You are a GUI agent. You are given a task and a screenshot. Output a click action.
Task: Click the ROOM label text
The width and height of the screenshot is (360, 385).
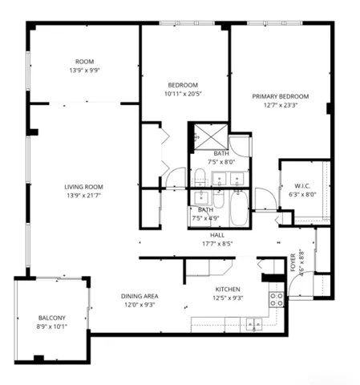84,62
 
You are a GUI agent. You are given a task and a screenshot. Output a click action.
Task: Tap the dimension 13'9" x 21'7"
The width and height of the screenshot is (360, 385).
83,196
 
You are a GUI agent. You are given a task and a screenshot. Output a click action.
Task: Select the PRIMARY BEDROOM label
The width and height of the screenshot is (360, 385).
281,96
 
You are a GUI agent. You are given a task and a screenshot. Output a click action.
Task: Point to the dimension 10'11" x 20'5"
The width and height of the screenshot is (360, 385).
183,94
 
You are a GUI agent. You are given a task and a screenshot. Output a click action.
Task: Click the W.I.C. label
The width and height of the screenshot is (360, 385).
302,186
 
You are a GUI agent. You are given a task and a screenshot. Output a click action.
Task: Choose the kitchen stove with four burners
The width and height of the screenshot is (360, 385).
277,299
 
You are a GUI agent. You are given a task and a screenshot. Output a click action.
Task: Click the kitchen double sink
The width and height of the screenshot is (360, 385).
254,324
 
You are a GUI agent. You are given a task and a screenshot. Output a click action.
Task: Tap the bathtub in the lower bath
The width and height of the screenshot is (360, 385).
239,208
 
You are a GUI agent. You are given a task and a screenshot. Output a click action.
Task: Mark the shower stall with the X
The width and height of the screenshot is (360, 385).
211,136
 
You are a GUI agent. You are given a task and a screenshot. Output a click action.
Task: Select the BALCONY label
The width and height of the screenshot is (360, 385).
52,318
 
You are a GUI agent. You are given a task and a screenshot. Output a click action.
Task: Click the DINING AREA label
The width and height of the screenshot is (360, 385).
140,296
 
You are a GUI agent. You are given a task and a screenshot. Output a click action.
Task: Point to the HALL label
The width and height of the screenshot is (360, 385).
217,235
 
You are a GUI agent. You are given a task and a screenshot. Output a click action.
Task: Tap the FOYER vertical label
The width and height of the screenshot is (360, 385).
293,262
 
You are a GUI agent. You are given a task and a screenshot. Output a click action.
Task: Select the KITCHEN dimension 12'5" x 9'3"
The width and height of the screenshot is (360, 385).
228,298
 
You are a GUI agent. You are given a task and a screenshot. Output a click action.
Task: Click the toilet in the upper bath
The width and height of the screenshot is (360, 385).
200,176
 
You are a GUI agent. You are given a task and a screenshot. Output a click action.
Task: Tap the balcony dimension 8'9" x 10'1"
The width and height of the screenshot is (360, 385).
52,326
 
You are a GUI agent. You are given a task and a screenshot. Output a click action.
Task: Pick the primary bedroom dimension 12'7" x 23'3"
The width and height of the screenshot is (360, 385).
281,105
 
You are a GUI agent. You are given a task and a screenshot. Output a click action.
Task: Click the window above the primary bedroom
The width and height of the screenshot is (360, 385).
274,23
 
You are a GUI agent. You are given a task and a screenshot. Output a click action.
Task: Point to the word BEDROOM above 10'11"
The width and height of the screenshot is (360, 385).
183,85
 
